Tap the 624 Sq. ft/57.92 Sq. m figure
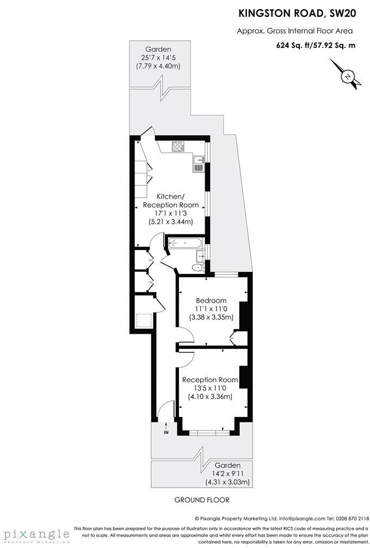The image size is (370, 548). coord(316,45)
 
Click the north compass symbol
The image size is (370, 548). coord(347,77)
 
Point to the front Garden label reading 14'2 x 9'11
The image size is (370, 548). coord(227,474)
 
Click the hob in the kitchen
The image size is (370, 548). coord(178,146)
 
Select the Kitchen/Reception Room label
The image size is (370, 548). coord(171,200)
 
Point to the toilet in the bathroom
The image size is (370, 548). coord(199,266)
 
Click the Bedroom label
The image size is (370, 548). coord(211,301)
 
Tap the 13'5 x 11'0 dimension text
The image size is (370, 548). coord(210,388)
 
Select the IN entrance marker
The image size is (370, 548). coord(166,433)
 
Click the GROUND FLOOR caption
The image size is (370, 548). coord(201,500)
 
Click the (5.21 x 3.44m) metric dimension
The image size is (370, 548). coord(171,222)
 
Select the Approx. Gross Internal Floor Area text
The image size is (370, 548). coord(294,31)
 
